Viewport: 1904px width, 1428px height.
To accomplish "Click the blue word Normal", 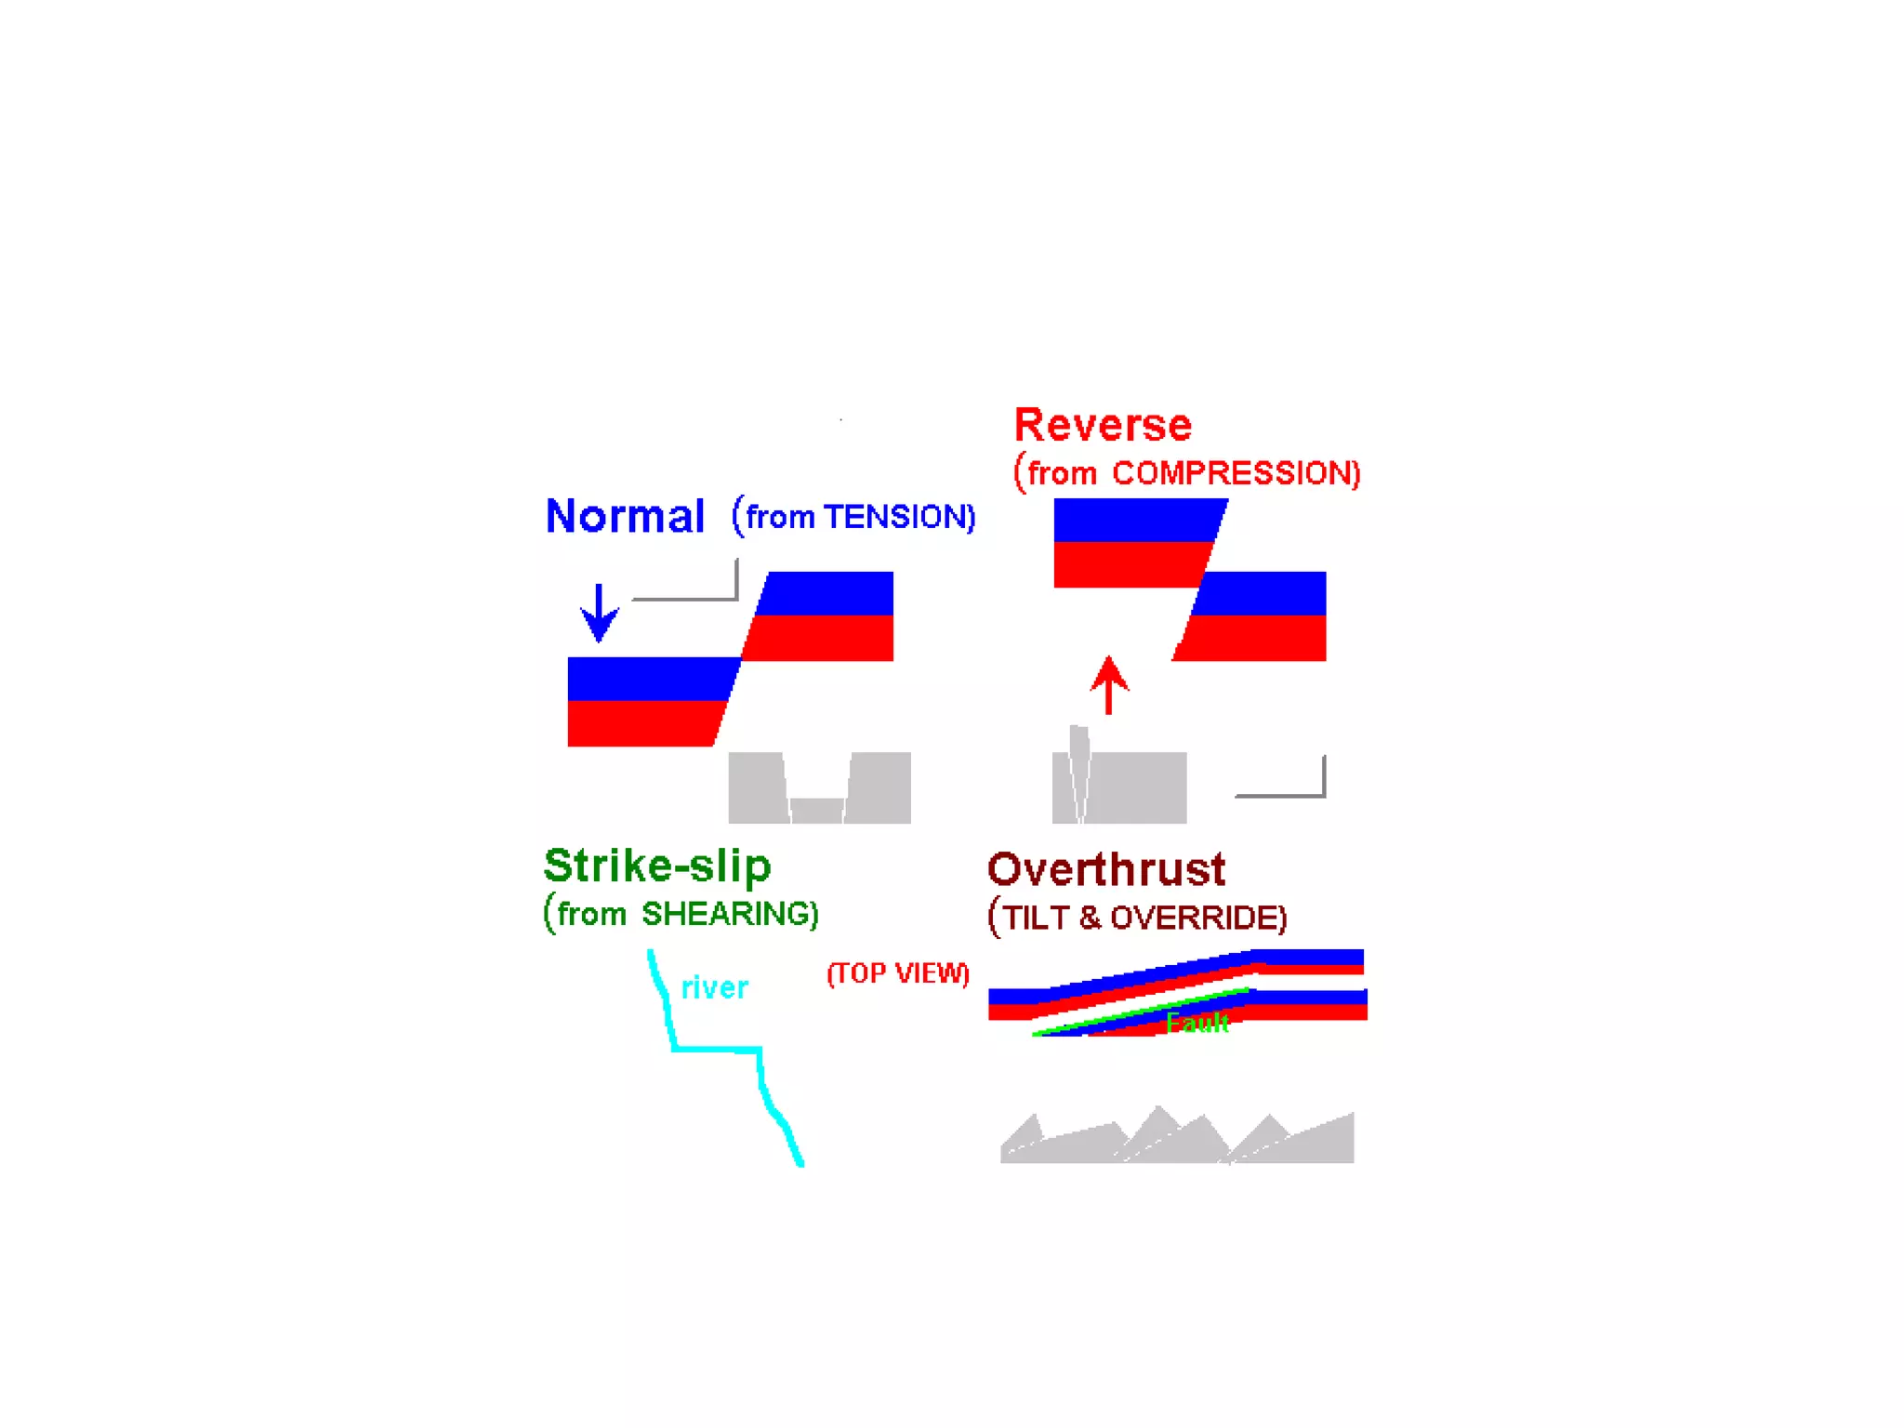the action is [625, 516].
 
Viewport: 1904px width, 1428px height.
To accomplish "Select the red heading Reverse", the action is [1103, 425].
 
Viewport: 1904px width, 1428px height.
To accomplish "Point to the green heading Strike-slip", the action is [657, 866].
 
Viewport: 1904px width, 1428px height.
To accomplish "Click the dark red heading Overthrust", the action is [1106, 870].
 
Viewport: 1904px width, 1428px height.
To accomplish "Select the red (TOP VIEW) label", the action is [898, 973].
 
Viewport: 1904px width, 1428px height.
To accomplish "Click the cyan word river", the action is [714, 987].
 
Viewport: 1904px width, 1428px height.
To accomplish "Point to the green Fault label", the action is [1197, 1024].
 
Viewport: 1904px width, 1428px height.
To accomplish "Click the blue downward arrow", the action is [600, 613].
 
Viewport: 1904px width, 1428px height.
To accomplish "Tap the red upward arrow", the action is [1109, 685].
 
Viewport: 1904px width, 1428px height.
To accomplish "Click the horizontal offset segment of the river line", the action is [717, 1050].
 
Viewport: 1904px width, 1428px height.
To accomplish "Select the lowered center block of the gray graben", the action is [817, 811].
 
